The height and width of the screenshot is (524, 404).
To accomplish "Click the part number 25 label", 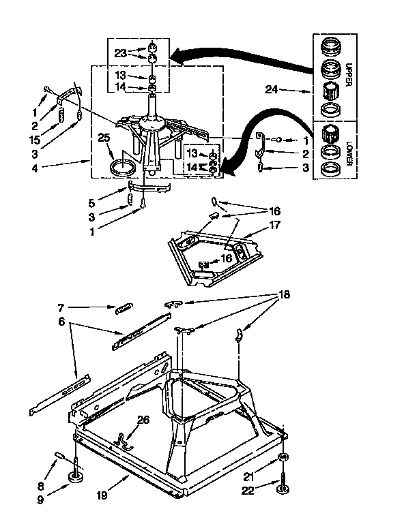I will (104, 138).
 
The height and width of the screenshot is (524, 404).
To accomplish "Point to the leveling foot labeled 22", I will (283, 487).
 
